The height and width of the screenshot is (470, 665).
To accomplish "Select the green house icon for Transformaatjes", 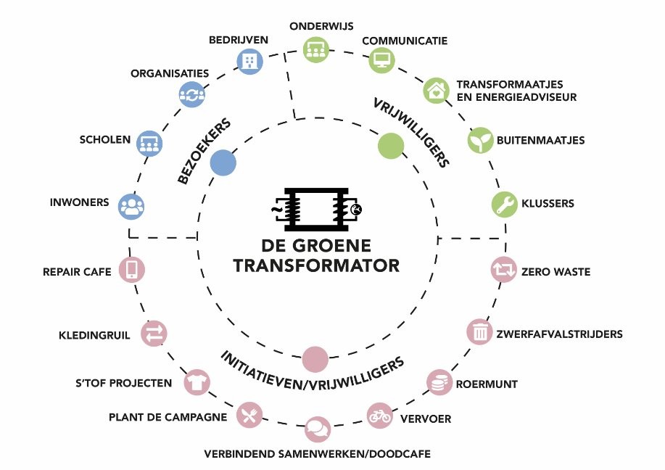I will [x=436, y=91].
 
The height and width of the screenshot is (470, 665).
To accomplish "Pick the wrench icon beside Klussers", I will [x=505, y=204].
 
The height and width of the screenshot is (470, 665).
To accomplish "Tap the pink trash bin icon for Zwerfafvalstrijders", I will [x=479, y=332].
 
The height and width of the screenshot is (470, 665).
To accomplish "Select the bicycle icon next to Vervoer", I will [x=380, y=416].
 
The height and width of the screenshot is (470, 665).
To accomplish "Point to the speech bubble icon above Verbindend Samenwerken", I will [x=316, y=428].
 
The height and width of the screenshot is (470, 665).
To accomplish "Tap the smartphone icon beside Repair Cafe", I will [x=132, y=270].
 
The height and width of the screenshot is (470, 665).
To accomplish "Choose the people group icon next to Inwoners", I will [x=131, y=206].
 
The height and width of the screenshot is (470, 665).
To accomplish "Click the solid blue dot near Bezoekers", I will [x=223, y=164].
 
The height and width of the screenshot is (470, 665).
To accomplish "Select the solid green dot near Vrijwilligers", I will [x=391, y=146].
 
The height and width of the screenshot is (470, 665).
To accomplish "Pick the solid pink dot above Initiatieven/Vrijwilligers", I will [x=315, y=358].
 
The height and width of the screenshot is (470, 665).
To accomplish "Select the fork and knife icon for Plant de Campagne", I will [x=249, y=416].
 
